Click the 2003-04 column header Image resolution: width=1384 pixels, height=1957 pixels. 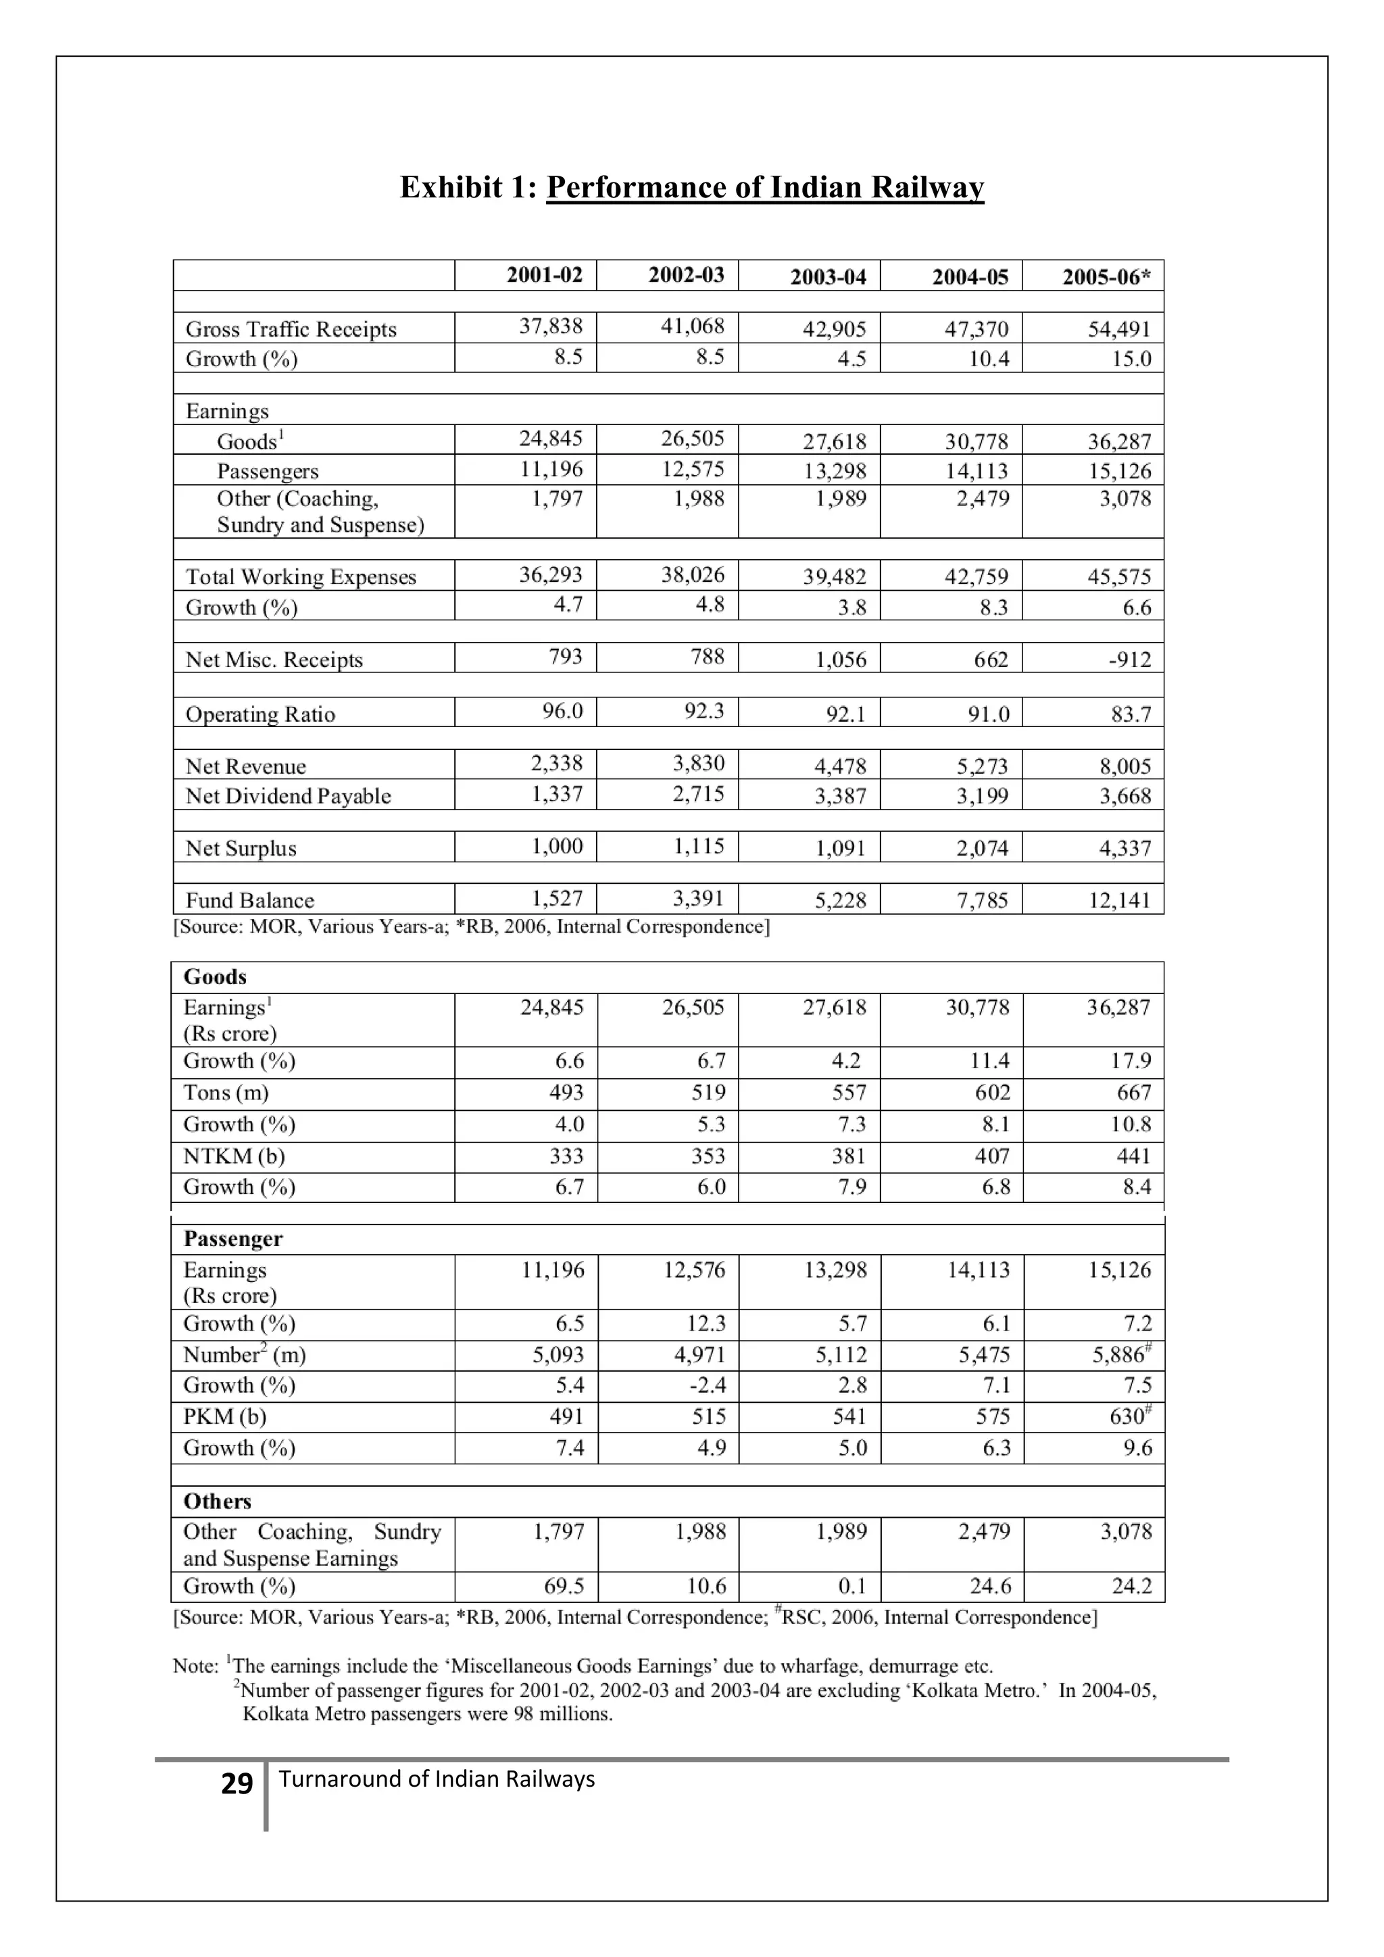tap(828, 277)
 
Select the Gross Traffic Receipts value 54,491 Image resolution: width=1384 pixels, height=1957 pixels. tap(1119, 329)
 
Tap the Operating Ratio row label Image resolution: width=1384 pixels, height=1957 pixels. tap(260, 714)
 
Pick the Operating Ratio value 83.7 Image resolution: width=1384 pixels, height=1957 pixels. tap(1130, 714)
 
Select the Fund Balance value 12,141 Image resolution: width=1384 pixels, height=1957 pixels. tap(1119, 901)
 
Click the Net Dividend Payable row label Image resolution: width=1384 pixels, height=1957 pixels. tap(288, 796)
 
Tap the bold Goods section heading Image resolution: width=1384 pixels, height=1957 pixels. tap(215, 976)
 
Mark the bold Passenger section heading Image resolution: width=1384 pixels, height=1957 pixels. tap(232, 1239)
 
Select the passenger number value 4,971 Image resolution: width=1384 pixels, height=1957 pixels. tap(699, 1354)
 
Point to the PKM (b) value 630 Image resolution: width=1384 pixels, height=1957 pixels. tap(1127, 1416)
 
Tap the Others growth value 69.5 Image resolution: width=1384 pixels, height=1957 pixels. tap(564, 1586)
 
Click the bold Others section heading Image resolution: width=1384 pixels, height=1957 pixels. tap(218, 1501)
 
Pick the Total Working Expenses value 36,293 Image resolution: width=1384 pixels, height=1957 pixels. tap(551, 574)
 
